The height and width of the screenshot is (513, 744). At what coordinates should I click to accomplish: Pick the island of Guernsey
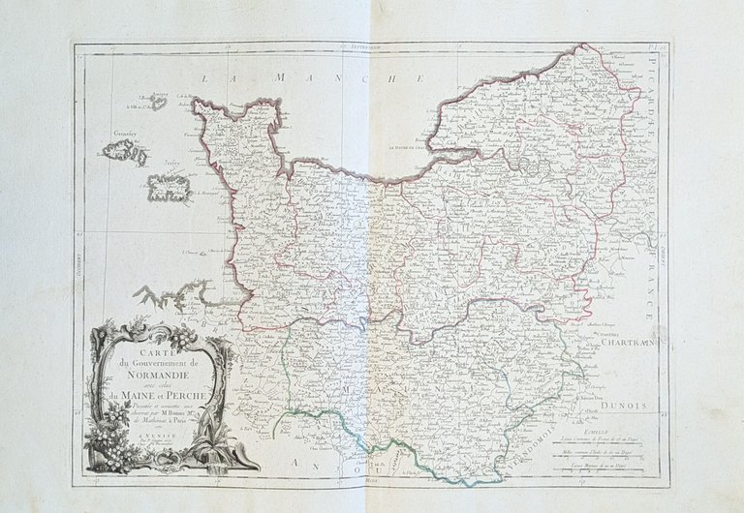(x=121, y=150)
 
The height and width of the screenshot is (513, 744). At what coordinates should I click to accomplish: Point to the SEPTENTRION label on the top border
(x=371, y=45)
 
